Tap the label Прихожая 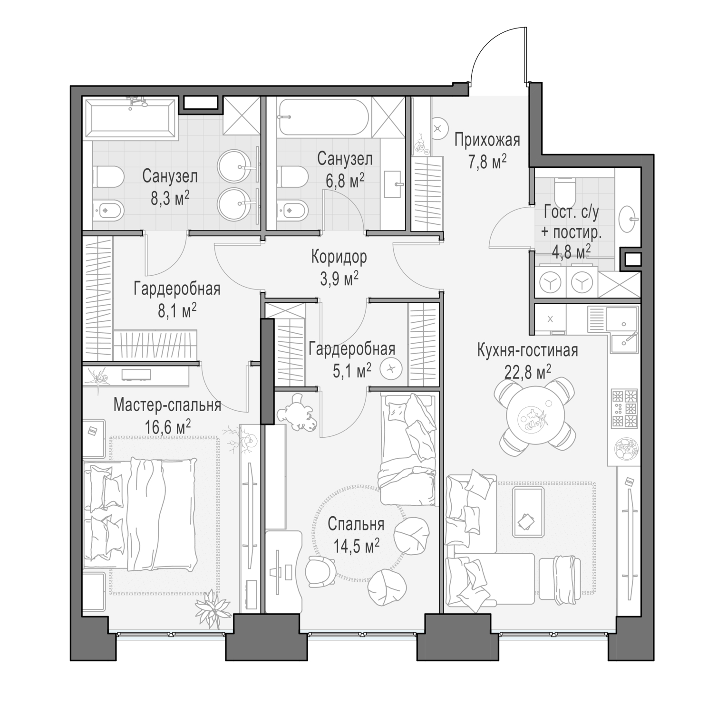486,140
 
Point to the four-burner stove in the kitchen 624,408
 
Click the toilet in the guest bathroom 564,187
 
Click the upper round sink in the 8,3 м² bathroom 236,166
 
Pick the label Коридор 339,258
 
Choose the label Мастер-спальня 167,405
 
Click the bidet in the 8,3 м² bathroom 108,210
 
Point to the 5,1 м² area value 351,370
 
